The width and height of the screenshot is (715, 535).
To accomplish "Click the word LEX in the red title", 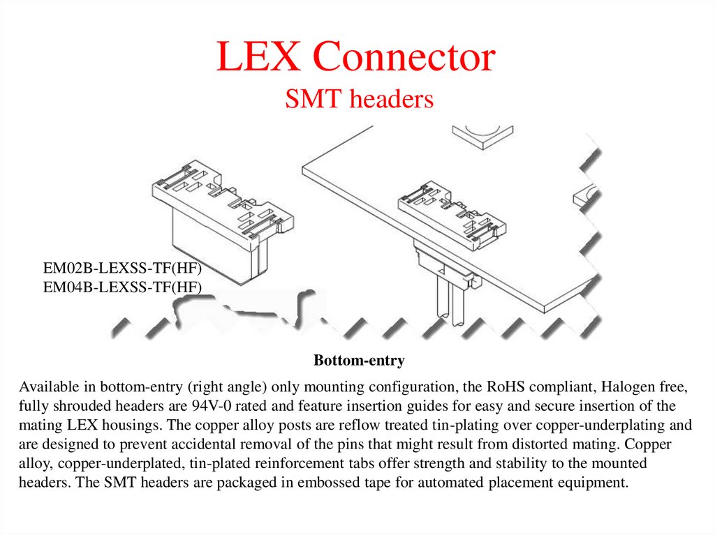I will click(258, 59).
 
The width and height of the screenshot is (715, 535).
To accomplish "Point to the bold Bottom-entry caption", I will click(359, 361).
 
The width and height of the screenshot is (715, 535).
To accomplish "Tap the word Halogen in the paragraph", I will click(631, 386).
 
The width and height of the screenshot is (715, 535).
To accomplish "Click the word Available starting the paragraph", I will click(47, 386).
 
